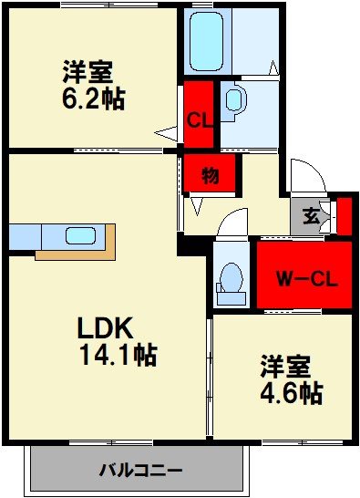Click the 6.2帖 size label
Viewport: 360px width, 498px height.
tap(94, 98)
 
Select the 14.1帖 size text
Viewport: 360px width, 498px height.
tap(117, 354)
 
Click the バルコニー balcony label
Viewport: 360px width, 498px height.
tap(140, 471)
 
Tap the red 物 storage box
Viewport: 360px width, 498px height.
tap(210, 174)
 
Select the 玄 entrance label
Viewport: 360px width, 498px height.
tap(311, 216)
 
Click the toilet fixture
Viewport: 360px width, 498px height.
tap(231, 280)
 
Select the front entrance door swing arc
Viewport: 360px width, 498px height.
tap(303, 175)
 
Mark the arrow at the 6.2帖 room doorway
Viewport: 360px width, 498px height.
tap(166, 133)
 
